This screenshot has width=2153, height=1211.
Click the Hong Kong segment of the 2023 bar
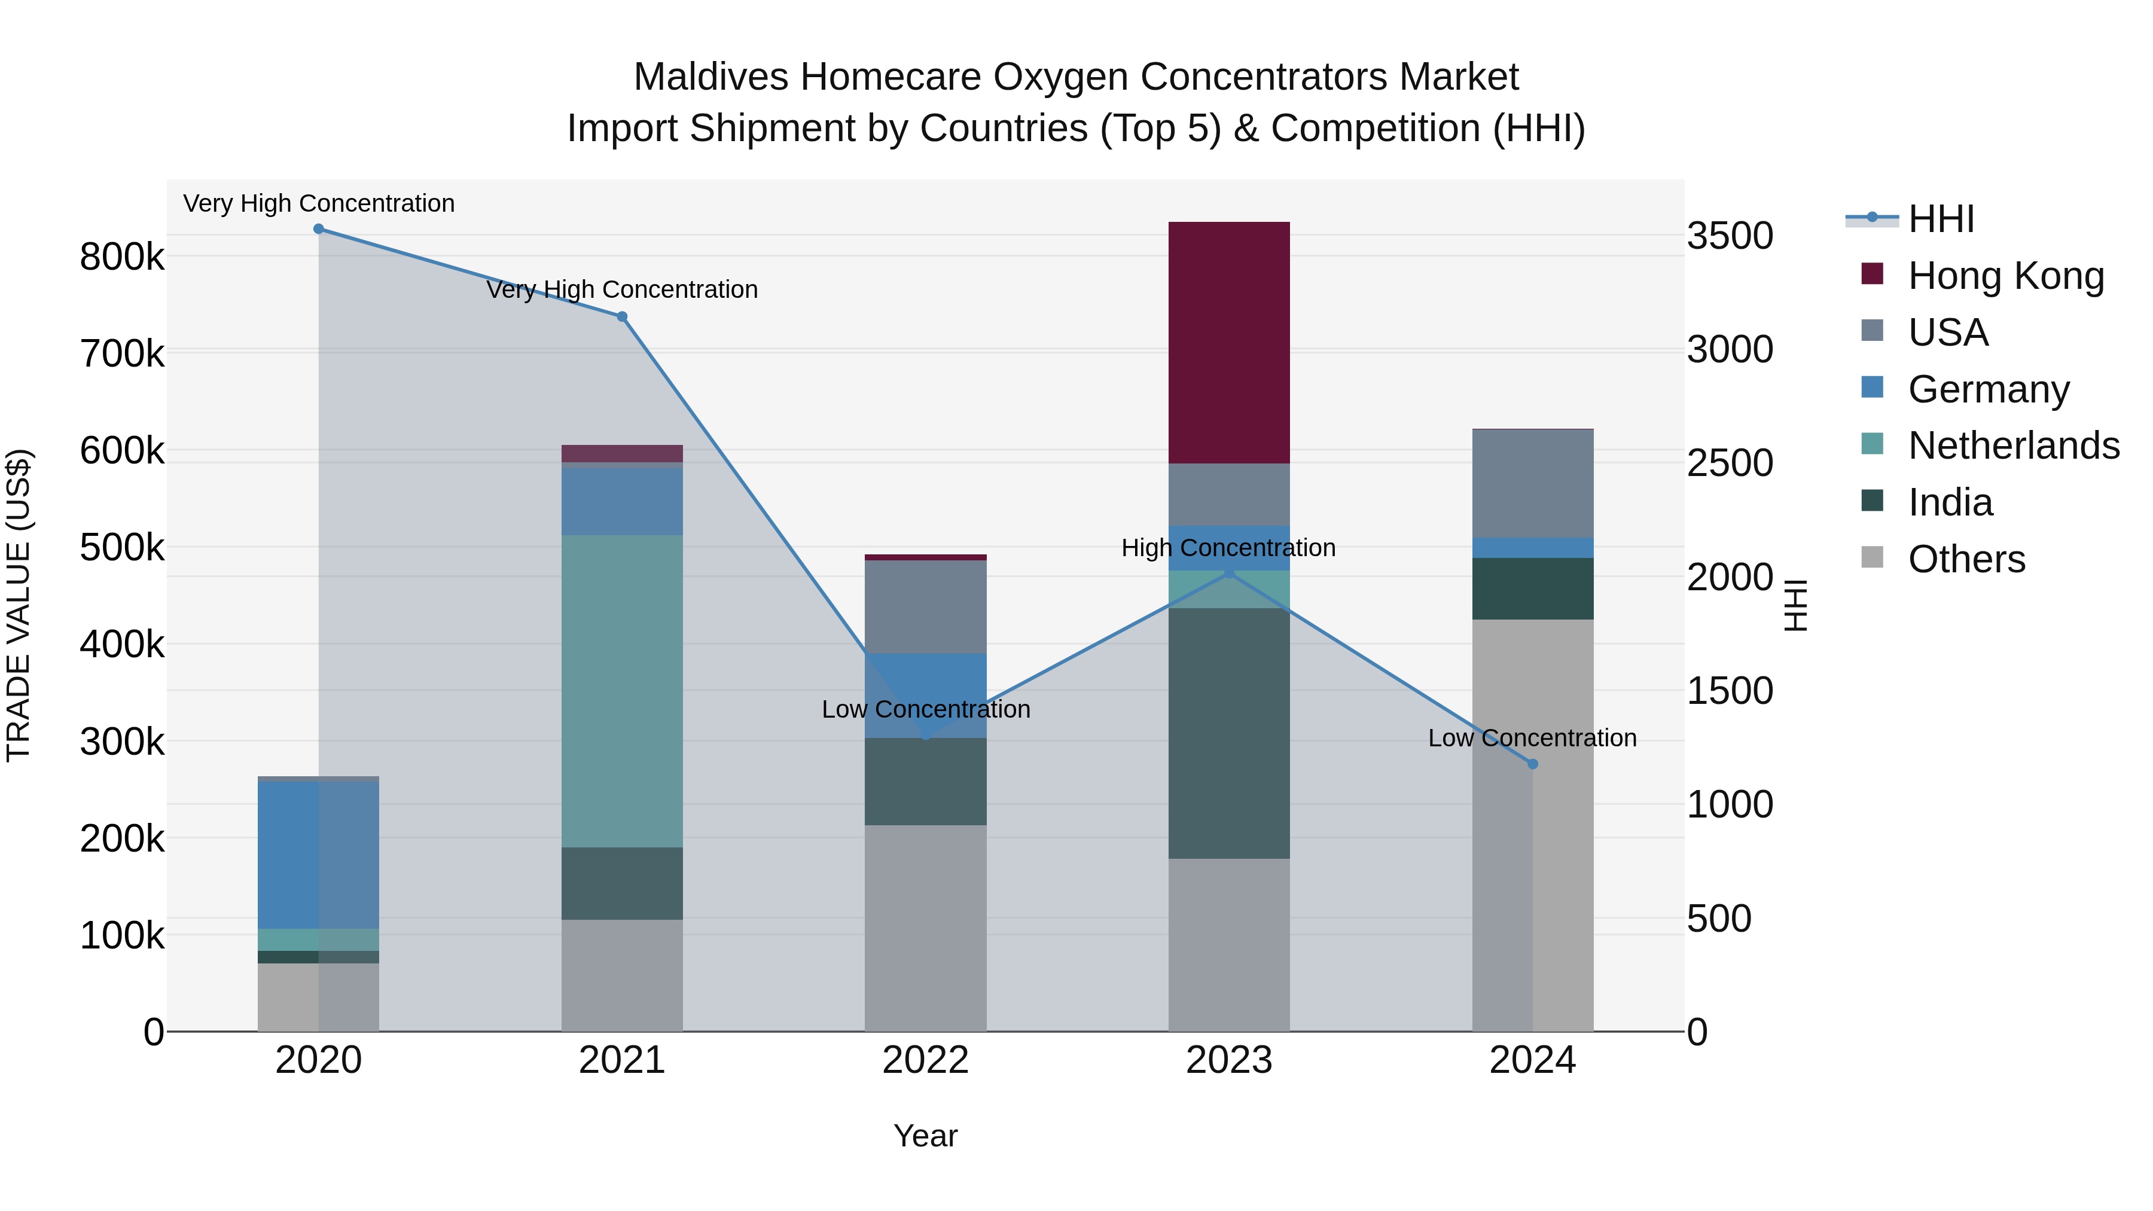coord(1228,343)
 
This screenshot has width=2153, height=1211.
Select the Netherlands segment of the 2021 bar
coord(622,691)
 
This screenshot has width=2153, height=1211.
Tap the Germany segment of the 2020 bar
coord(318,854)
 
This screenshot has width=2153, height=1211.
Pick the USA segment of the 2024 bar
coord(1532,483)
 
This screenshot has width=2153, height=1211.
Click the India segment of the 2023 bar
coord(1228,733)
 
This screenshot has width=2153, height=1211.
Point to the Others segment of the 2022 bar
coord(925,928)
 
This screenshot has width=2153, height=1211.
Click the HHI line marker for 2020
coord(318,229)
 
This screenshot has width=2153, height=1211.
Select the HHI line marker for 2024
coord(1532,764)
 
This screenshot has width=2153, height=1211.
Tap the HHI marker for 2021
coord(622,317)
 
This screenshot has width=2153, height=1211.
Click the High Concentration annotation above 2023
coord(1228,548)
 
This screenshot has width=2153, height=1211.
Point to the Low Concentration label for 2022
coord(925,709)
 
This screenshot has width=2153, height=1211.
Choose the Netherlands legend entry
coord(2012,446)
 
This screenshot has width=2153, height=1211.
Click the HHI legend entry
coord(1941,219)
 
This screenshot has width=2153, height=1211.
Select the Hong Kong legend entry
coord(2005,276)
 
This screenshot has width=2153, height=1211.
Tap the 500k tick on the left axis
coord(122,548)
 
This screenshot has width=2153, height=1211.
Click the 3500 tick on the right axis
coord(1729,236)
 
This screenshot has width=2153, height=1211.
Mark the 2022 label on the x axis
coord(925,1060)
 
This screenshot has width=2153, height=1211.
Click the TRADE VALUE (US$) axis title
coord(19,605)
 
